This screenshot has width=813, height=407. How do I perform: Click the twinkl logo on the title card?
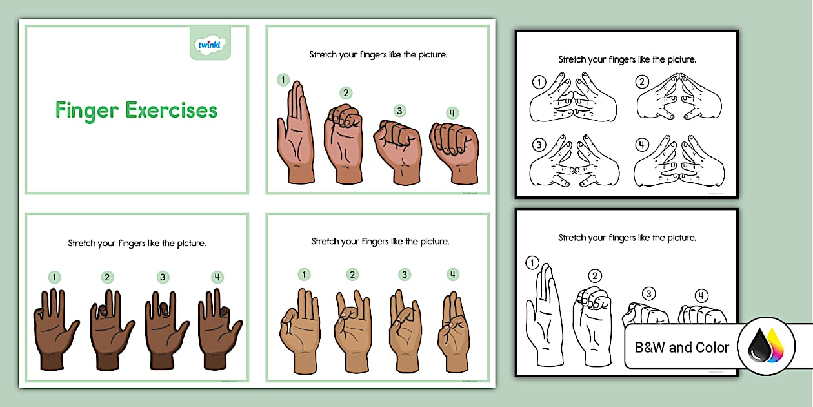[x=210, y=45]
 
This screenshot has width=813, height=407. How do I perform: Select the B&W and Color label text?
[x=682, y=348]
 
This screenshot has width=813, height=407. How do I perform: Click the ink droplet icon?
[x=766, y=347]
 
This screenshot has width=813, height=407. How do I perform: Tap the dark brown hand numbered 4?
[x=218, y=329]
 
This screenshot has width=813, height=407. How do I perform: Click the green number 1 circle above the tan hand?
[x=304, y=275]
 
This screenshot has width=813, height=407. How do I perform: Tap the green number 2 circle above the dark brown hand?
[x=107, y=277]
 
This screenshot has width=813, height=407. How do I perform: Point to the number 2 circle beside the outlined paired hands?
[x=642, y=82]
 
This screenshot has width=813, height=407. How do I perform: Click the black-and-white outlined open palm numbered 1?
[x=545, y=317]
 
